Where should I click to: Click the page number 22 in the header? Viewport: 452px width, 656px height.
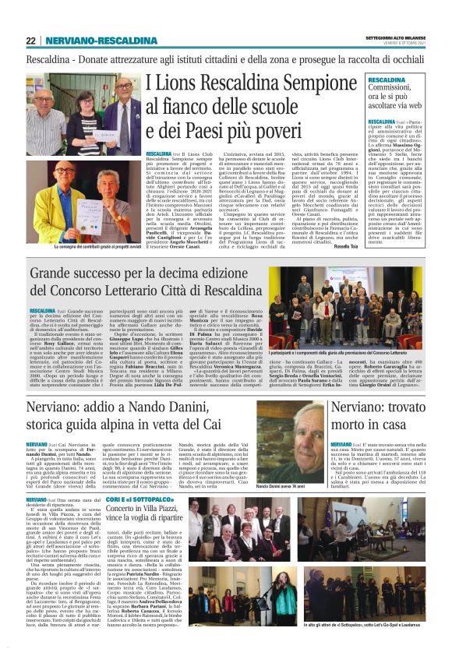click(x=30, y=41)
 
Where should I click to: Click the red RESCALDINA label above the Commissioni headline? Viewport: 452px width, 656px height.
click(x=387, y=80)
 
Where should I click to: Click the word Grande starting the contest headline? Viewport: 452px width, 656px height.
click(x=53, y=273)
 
